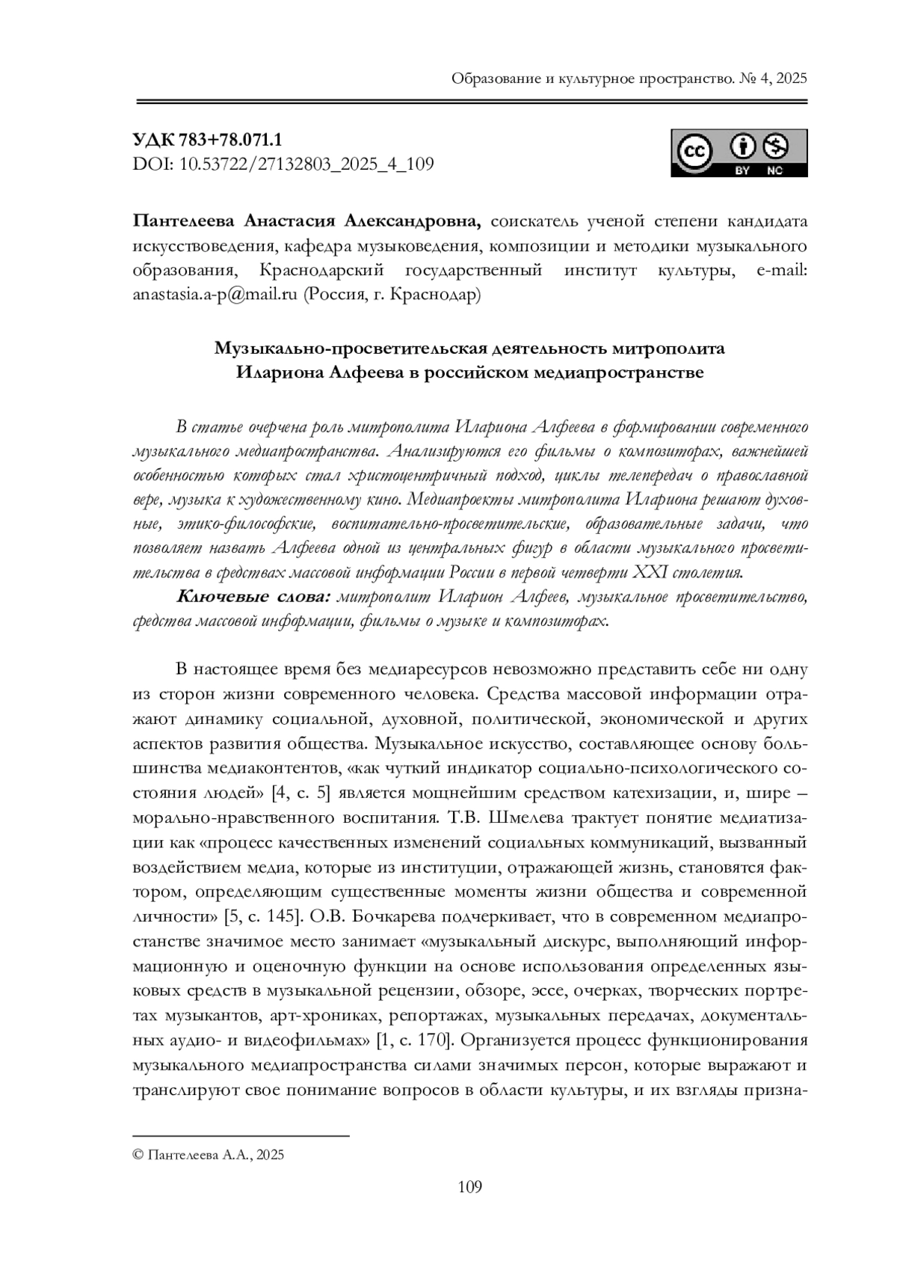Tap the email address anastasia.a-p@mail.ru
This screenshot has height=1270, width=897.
(215, 295)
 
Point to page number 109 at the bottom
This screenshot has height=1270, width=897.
(469, 1186)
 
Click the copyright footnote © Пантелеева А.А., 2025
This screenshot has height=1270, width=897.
(208, 1156)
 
